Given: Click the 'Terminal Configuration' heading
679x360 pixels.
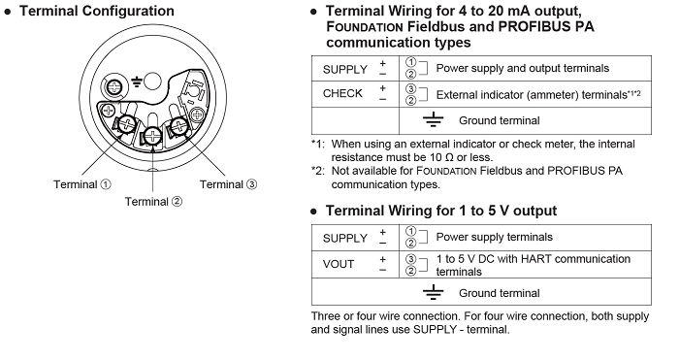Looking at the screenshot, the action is pos(97,11).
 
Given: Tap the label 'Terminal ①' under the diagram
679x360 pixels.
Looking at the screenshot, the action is pos(82,184).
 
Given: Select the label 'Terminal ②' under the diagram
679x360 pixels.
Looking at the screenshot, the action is pos(153,202).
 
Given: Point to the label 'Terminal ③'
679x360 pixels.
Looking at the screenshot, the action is pos(228,184).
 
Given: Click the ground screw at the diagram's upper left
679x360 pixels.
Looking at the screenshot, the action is pos(113,87).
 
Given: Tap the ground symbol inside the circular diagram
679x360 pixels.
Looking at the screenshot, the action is pos(137,82).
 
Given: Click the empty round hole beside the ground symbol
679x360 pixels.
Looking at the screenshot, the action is pos(152,81).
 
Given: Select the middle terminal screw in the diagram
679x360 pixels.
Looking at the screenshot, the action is pos(152,136).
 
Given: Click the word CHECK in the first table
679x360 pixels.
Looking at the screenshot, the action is pos(342,93).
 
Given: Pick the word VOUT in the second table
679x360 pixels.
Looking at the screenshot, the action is pos(339,264).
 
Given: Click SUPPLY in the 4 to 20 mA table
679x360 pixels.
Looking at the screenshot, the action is pos(345,69).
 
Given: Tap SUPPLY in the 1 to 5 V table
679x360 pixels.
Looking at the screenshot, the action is pos(345,239).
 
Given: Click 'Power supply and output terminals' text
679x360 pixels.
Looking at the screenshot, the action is pos(522,69).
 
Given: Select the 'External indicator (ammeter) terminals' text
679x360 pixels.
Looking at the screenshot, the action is pos(532,95).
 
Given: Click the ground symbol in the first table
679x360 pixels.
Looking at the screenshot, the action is pos(433,119).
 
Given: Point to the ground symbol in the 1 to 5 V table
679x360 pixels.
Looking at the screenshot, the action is pos(433,292).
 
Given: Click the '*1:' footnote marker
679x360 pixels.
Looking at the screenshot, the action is pos(318,144).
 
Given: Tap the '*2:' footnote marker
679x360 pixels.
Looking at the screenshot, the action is pos(318,171).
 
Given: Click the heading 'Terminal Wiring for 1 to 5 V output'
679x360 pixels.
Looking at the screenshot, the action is pos(441,211).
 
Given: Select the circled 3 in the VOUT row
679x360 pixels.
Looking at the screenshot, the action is pos(410,259).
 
